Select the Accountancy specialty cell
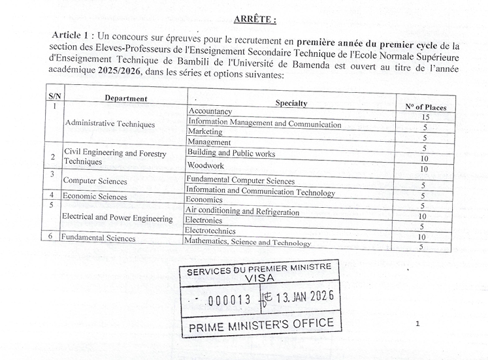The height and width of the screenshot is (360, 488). [210, 112]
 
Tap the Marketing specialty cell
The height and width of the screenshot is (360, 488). [205, 131]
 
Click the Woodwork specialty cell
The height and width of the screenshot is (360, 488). [205, 166]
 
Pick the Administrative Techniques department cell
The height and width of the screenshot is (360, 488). [110, 123]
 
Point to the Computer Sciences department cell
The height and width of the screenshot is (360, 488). [95, 180]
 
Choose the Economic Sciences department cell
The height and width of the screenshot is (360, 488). [95, 196]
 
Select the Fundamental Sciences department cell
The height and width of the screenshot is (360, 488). [98, 238]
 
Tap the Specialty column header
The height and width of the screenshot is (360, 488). [291, 103]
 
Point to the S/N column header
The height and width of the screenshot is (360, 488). [54, 96]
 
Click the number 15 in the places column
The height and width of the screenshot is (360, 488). [424, 116]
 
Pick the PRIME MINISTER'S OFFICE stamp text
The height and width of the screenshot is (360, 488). [261, 324]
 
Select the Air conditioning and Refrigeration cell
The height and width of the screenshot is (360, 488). [242, 212]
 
